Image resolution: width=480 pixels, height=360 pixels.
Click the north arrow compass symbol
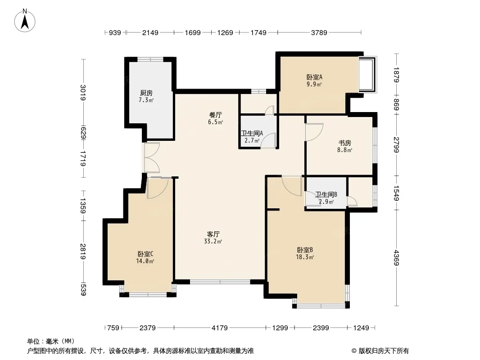[x=25, y=20]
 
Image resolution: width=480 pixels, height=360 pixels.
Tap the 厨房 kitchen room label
[x=146, y=93]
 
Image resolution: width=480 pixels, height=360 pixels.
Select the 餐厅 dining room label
[x=215, y=115]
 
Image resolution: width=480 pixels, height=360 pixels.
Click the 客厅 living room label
[x=213, y=234]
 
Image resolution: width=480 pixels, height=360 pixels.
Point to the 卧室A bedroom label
[x=314, y=77]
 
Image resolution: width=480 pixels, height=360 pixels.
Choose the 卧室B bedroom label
[x=304, y=250]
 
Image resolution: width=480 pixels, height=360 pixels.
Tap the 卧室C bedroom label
[x=145, y=254]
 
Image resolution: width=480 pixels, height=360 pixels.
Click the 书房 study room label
[x=344, y=143]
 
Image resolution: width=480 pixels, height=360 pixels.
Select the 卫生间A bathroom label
[x=252, y=133]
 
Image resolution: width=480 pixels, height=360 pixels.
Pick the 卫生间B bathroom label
[x=326, y=194]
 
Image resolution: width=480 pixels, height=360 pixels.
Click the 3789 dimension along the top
[x=319, y=32]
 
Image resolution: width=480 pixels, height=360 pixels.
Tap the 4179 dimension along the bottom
[x=219, y=328]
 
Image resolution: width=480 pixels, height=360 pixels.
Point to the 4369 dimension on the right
[x=397, y=258]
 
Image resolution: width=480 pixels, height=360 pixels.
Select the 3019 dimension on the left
[x=83, y=92]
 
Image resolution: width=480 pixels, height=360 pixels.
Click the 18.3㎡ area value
[x=304, y=257]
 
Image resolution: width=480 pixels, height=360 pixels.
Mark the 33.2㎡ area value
[x=213, y=241]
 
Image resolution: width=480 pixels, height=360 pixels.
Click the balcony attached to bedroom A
[x=367, y=74]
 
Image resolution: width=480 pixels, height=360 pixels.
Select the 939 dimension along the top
[x=115, y=32]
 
